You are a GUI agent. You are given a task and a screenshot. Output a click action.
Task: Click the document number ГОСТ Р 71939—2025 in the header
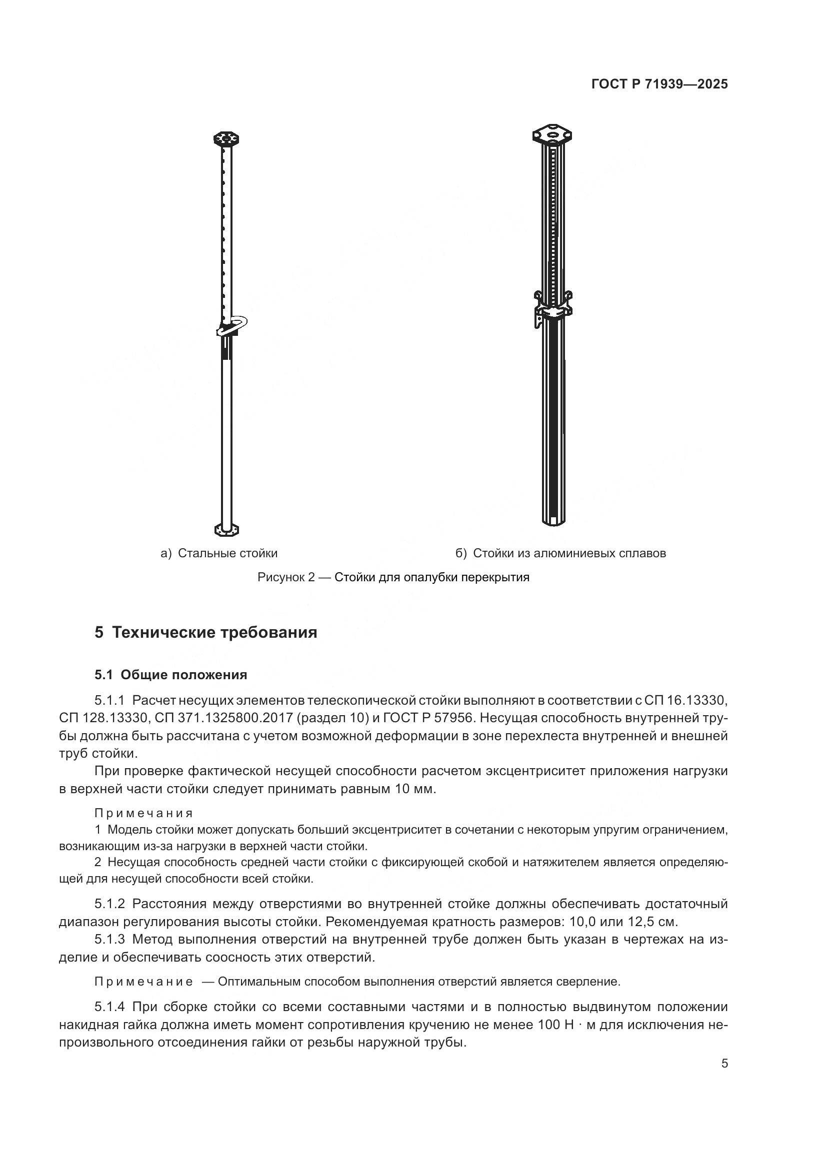click(x=659, y=84)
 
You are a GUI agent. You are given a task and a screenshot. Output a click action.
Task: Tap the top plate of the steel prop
click(x=226, y=138)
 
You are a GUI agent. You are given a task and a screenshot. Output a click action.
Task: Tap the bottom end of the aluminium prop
click(x=552, y=519)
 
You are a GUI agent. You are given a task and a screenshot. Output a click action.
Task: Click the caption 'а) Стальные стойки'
click(x=219, y=553)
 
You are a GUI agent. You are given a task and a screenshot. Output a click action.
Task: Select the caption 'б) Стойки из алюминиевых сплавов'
click(x=560, y=553)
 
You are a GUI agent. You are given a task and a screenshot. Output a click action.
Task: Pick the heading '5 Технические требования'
click(x=205, y=632)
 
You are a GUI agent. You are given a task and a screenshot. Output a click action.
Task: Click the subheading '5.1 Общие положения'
click(x=170, y=675)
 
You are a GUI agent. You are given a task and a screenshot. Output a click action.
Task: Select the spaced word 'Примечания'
click(x=143, y=813)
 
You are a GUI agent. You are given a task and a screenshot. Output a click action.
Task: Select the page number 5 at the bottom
click(x=724, y=1064)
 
